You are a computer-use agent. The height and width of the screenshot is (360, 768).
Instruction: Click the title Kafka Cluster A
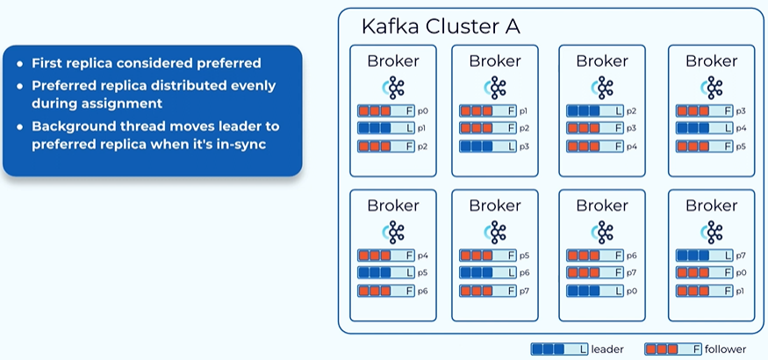pos(440,26)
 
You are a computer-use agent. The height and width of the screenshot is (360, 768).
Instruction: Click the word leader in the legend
pos(607,349)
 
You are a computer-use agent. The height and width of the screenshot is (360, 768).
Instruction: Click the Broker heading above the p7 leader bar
pos(711,205)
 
